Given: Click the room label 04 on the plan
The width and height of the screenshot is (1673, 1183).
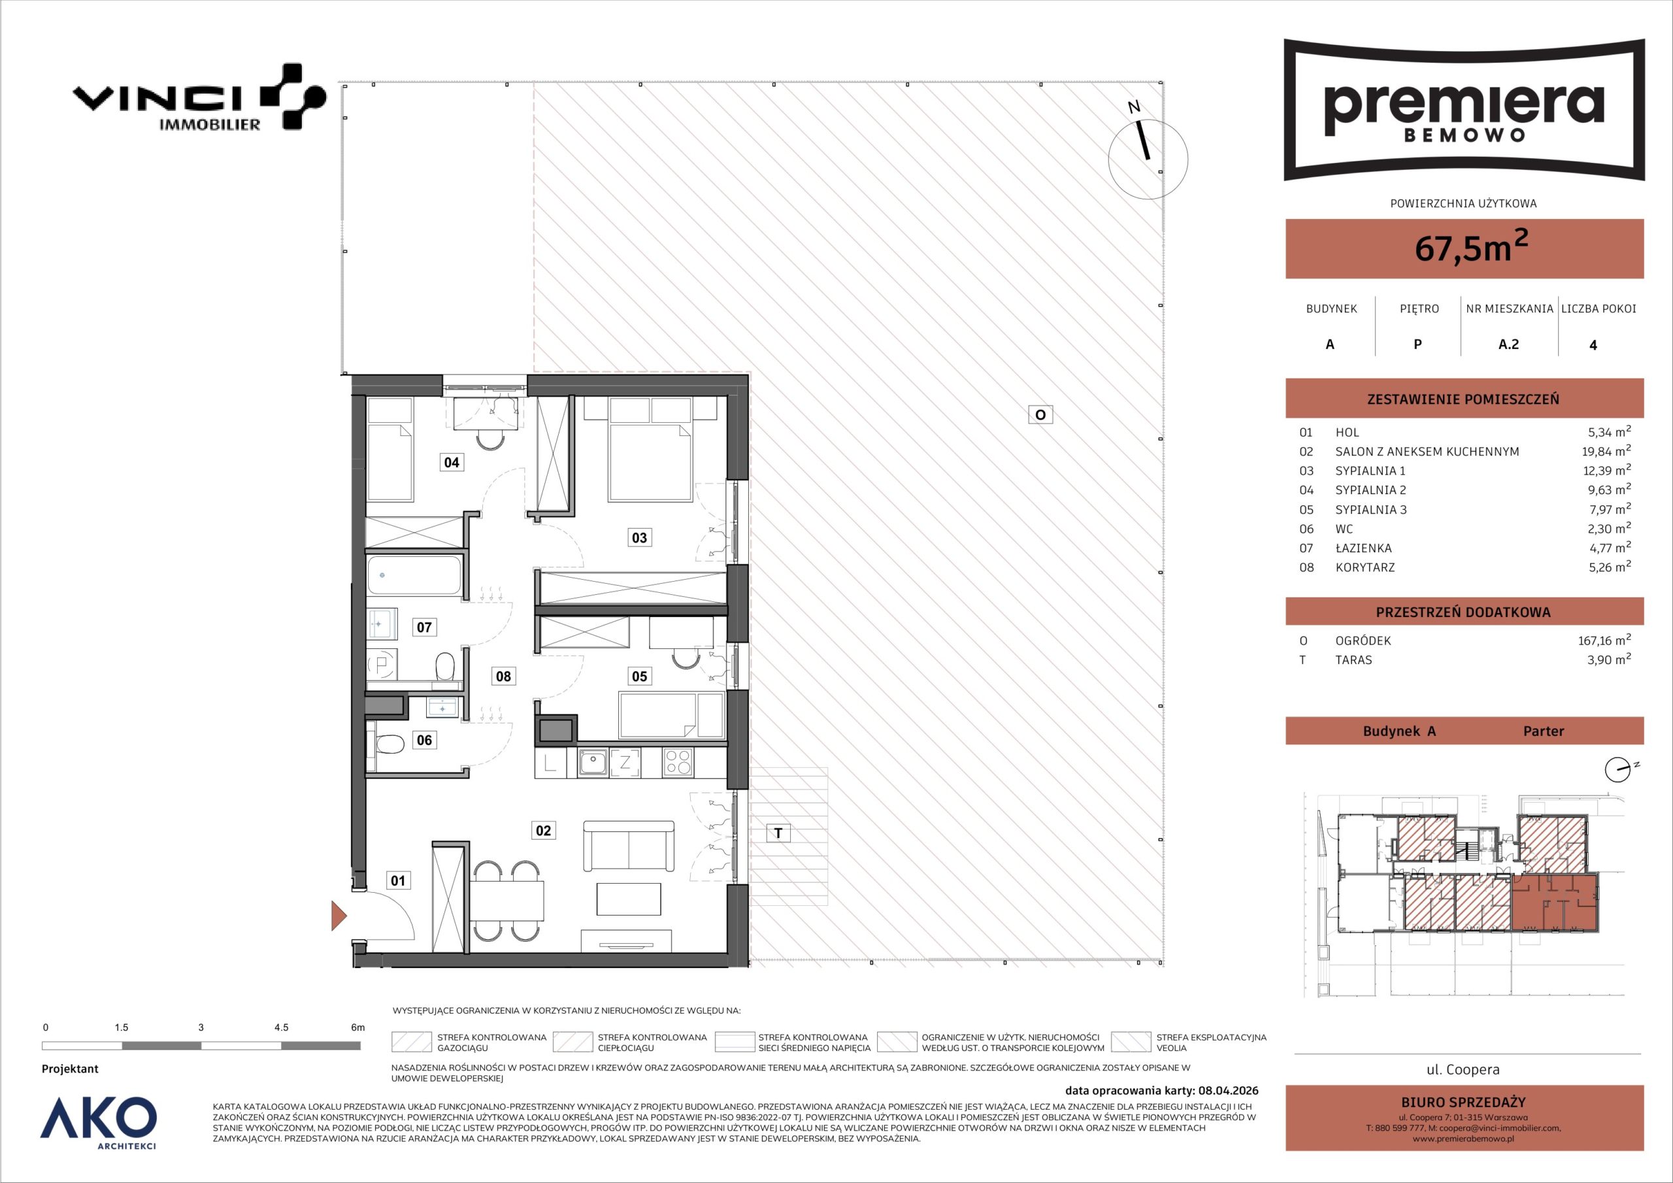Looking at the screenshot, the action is click(x=452, y=461).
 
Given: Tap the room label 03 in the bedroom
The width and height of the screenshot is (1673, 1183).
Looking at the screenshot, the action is click(x=639, y=538).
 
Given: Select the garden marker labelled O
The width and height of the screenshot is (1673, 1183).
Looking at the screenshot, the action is click(x=1040, y=415).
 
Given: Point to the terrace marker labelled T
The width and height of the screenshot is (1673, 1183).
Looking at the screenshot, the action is click(x=779, y=833).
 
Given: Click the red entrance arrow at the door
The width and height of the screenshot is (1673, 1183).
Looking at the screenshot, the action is click(x=339, y=916).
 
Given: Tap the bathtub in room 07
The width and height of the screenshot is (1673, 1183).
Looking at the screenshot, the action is click(x=414, y=576).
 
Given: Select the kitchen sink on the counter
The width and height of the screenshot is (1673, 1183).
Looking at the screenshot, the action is click(x=593, y=763).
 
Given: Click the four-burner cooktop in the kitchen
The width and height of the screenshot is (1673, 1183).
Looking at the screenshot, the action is click(x=678, y=763).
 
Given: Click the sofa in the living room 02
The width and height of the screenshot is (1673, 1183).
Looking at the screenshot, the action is click(x=629, y=846).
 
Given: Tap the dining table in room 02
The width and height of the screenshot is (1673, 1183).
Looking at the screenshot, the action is click(x=507, y=901).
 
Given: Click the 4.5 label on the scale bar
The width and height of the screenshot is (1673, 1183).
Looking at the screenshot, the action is click(x=281, y=1027).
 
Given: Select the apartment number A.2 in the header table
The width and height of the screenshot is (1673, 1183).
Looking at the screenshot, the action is click(x=1508, y=344).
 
